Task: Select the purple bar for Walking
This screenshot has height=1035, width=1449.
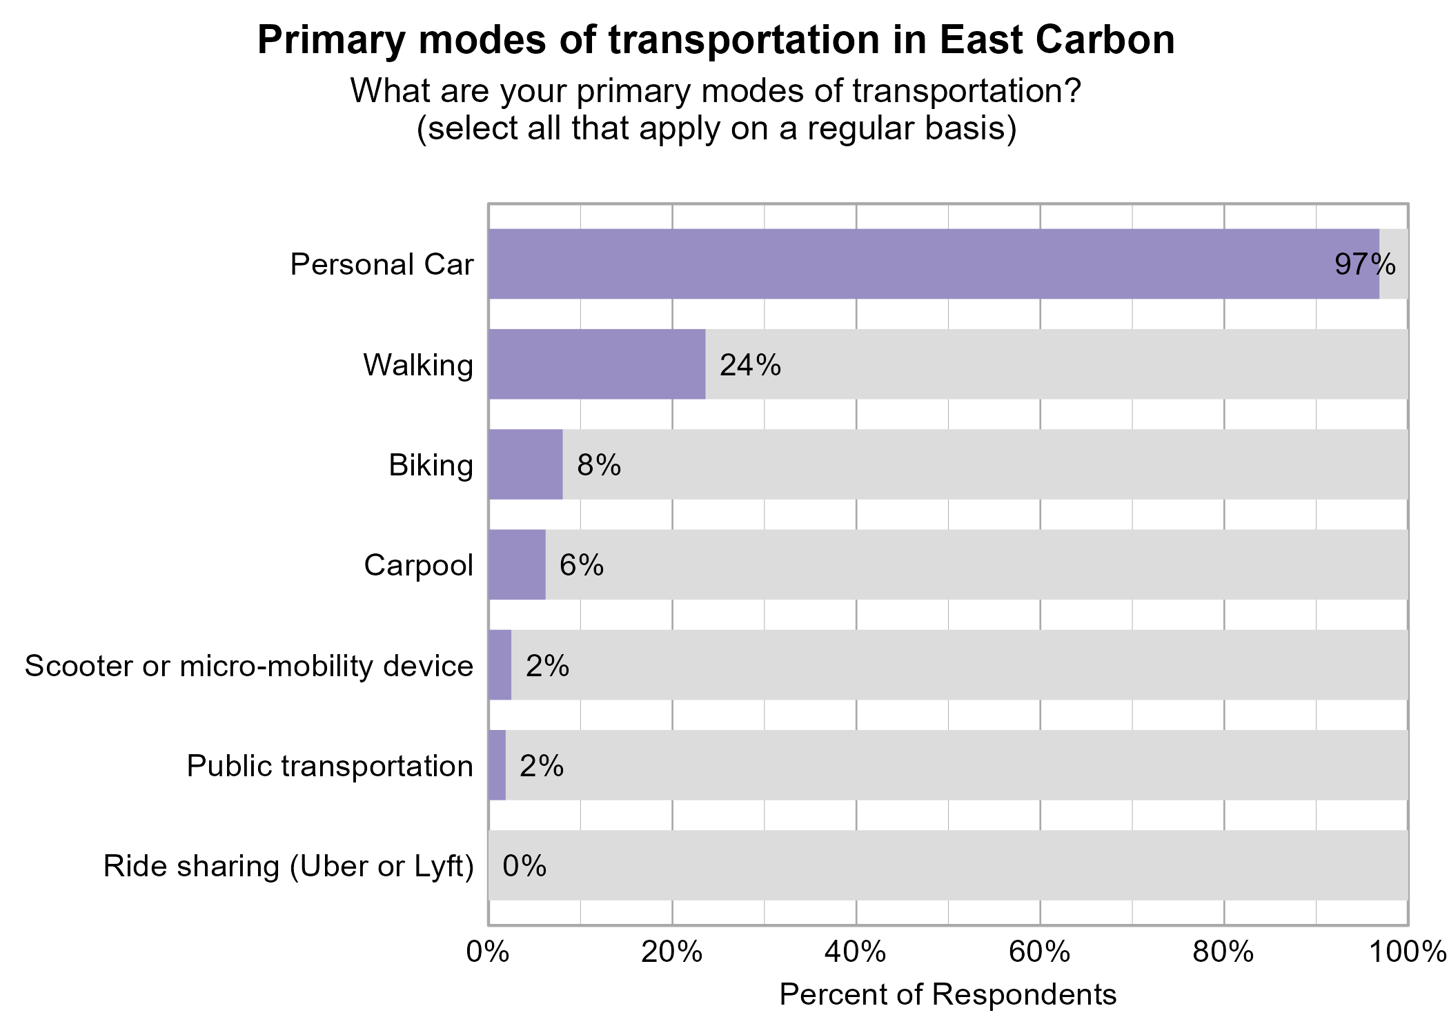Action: [597, 364]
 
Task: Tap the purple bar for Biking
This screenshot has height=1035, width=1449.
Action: [525, 464]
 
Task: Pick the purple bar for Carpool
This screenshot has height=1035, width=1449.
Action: [517, 564]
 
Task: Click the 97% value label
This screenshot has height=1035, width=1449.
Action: [1365, 264]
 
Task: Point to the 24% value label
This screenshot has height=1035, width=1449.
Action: [750, 365]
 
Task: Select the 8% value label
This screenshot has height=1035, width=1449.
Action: [599, 465]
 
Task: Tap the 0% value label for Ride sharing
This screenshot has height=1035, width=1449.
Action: [524, 866]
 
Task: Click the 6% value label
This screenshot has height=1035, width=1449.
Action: [582, 565]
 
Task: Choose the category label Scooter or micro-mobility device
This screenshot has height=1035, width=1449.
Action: [249, 666]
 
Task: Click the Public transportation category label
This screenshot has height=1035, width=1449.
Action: [330, 766]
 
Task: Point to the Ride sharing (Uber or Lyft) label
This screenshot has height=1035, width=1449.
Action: [288, 866]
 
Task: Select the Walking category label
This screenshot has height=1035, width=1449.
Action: [418, 365]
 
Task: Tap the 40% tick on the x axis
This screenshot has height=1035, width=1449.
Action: [856, 952]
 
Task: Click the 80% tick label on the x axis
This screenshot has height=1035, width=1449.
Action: [1223, 952]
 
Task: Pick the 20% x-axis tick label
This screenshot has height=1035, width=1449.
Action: [671, 952]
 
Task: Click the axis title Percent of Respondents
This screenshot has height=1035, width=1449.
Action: [947, 994]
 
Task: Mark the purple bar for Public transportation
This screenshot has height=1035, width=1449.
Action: [497, 765]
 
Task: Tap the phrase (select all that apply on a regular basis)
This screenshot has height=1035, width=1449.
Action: [716, 128]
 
